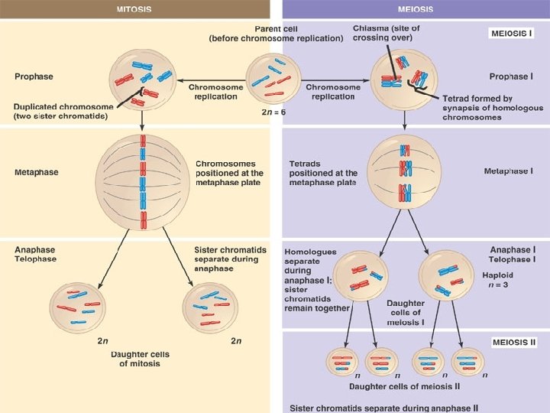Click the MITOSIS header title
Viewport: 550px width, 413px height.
[134, 9]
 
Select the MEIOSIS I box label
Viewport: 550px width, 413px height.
[510, 35]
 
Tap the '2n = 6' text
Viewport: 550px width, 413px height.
[273, 112]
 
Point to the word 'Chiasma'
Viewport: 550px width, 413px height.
[370, 28]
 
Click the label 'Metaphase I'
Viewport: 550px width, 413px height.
[508, 171]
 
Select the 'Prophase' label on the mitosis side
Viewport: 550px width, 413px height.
[33, 76]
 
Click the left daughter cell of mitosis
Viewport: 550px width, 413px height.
[79, 307]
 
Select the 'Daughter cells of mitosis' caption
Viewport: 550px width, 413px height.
[140, 359]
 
